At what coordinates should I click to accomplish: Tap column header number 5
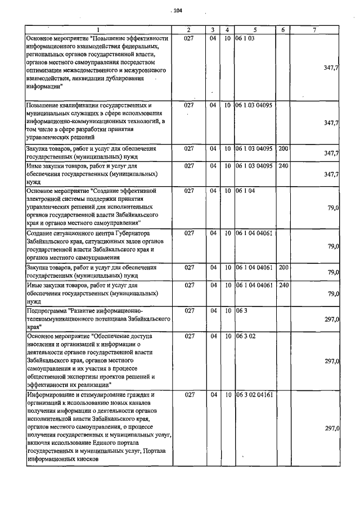pyautogui.click(x=255, y=29)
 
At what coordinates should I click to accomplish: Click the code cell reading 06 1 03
pyautogui.click(x=246, y=38)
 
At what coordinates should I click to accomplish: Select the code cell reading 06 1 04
pyautogui.click(x=246, y=191)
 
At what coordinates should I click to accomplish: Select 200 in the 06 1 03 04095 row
pyautogui.click(x=283, y=148)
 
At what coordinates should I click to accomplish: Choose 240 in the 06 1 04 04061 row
pyautogui.click(x=283, y=285)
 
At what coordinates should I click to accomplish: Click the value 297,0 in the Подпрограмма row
pyautogui.click(x=331, y=319)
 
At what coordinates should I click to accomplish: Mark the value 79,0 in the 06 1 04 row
pyautogui.click(x=333, y=208)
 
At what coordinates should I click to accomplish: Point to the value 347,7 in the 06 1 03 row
pyautogui.click(x=331, y=67)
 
